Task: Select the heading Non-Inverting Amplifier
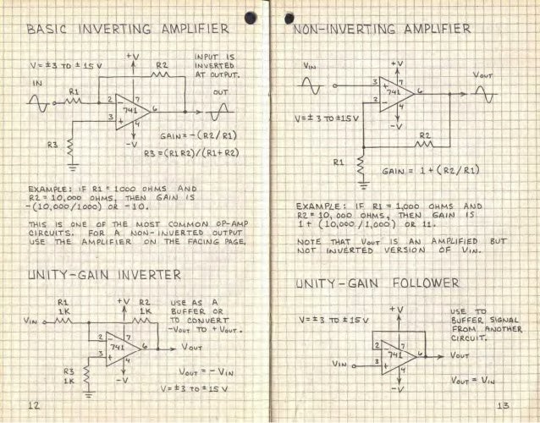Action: pos(382,30)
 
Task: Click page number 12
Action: pos(35,406)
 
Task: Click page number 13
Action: pos(503,406)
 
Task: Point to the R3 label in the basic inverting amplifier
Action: pos(52,145)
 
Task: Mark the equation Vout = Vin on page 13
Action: pos(474,379)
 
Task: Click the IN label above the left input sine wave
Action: pos(36,84)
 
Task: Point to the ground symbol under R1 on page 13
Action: pos(362,179)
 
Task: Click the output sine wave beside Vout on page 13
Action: pos(488,95)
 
